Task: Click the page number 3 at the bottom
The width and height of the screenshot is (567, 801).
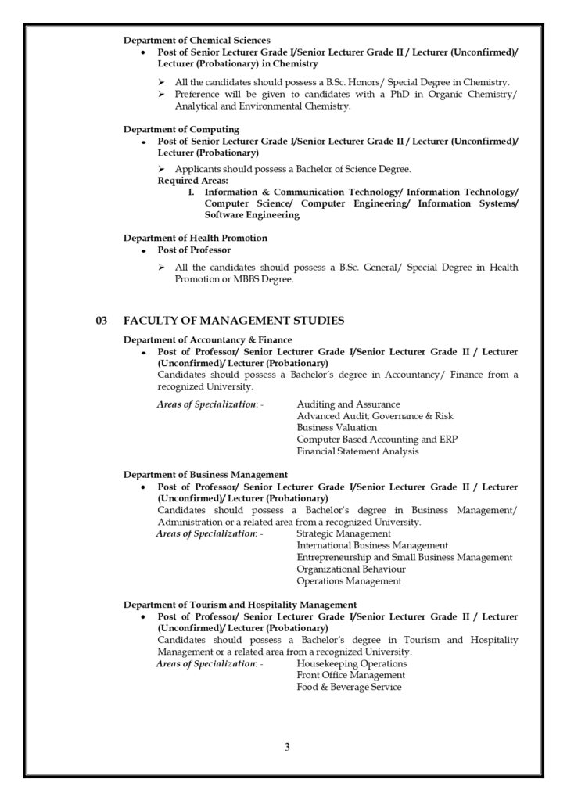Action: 287,746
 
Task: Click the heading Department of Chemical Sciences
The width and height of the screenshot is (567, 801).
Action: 197,40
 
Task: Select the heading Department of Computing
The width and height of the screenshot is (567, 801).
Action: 181,129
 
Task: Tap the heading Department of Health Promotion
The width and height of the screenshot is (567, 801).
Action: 196,238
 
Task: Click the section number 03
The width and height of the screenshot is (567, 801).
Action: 100,321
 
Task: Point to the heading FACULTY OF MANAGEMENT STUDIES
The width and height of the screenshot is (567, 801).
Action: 234,321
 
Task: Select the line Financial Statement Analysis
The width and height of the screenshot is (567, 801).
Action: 357,451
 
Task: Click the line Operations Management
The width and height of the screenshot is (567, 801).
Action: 349,581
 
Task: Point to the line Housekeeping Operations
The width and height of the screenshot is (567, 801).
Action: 352,663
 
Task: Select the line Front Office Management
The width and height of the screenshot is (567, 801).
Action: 350,675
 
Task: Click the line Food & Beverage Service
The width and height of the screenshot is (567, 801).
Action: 349,687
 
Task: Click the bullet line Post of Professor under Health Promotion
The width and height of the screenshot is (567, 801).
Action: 194,250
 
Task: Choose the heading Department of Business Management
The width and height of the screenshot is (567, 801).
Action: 206,474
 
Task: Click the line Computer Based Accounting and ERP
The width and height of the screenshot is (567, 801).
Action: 377,440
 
